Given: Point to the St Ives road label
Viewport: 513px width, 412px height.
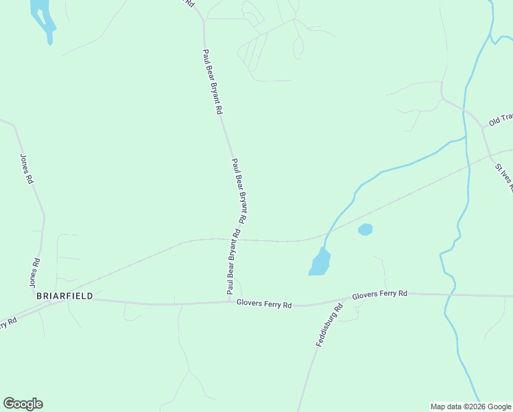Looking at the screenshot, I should (503, 176).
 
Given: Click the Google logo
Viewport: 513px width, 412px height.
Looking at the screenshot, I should (23, 404).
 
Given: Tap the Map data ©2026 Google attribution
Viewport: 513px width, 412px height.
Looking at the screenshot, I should (470, 407).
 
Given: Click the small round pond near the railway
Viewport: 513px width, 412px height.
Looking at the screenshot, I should (365, 229).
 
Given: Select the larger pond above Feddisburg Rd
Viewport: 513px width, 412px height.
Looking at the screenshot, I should (320, 262).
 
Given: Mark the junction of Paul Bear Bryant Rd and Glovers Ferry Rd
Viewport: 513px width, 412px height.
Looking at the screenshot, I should (230, 301).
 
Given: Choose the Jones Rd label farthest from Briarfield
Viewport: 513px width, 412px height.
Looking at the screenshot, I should (27, 168).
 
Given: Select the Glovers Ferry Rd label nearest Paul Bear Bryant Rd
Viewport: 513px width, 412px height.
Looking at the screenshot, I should (264, 303).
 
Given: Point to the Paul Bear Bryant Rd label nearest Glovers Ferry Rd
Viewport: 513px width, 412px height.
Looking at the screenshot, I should (232, 264).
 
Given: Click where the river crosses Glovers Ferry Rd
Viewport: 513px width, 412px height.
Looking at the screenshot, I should (450, 295).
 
